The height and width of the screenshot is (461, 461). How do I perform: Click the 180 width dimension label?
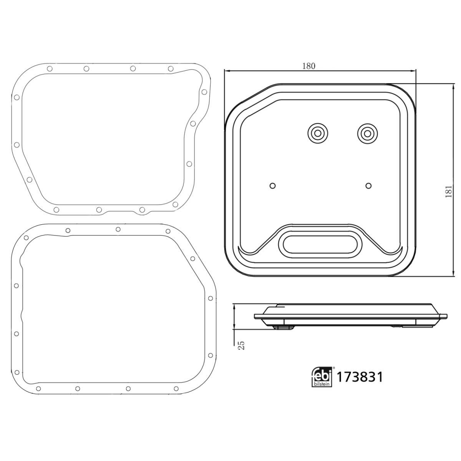[309, 66]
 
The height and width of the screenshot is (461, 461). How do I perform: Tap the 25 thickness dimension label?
[242, 345]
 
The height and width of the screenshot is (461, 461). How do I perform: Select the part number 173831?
[360, 377]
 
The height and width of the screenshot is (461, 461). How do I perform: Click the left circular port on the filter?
[318, 133]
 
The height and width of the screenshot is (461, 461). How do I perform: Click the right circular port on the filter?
[368, 133]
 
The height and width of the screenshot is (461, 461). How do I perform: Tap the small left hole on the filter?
[272, 186]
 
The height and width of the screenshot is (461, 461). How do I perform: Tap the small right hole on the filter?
[369, 186]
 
